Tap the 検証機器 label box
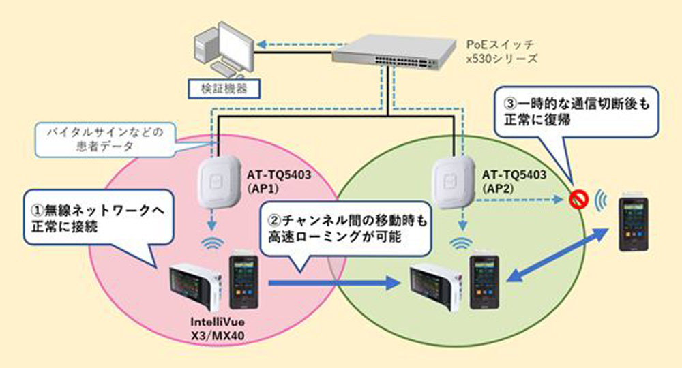[224, 89]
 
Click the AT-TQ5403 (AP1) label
[279, 181]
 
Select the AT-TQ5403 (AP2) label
[514, 181]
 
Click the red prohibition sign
[579, 200]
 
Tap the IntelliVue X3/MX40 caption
[218, 328]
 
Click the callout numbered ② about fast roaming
[346, 230]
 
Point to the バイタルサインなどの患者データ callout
[105, 139]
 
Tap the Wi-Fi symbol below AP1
[212, 243]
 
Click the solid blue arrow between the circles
[334, 283]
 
